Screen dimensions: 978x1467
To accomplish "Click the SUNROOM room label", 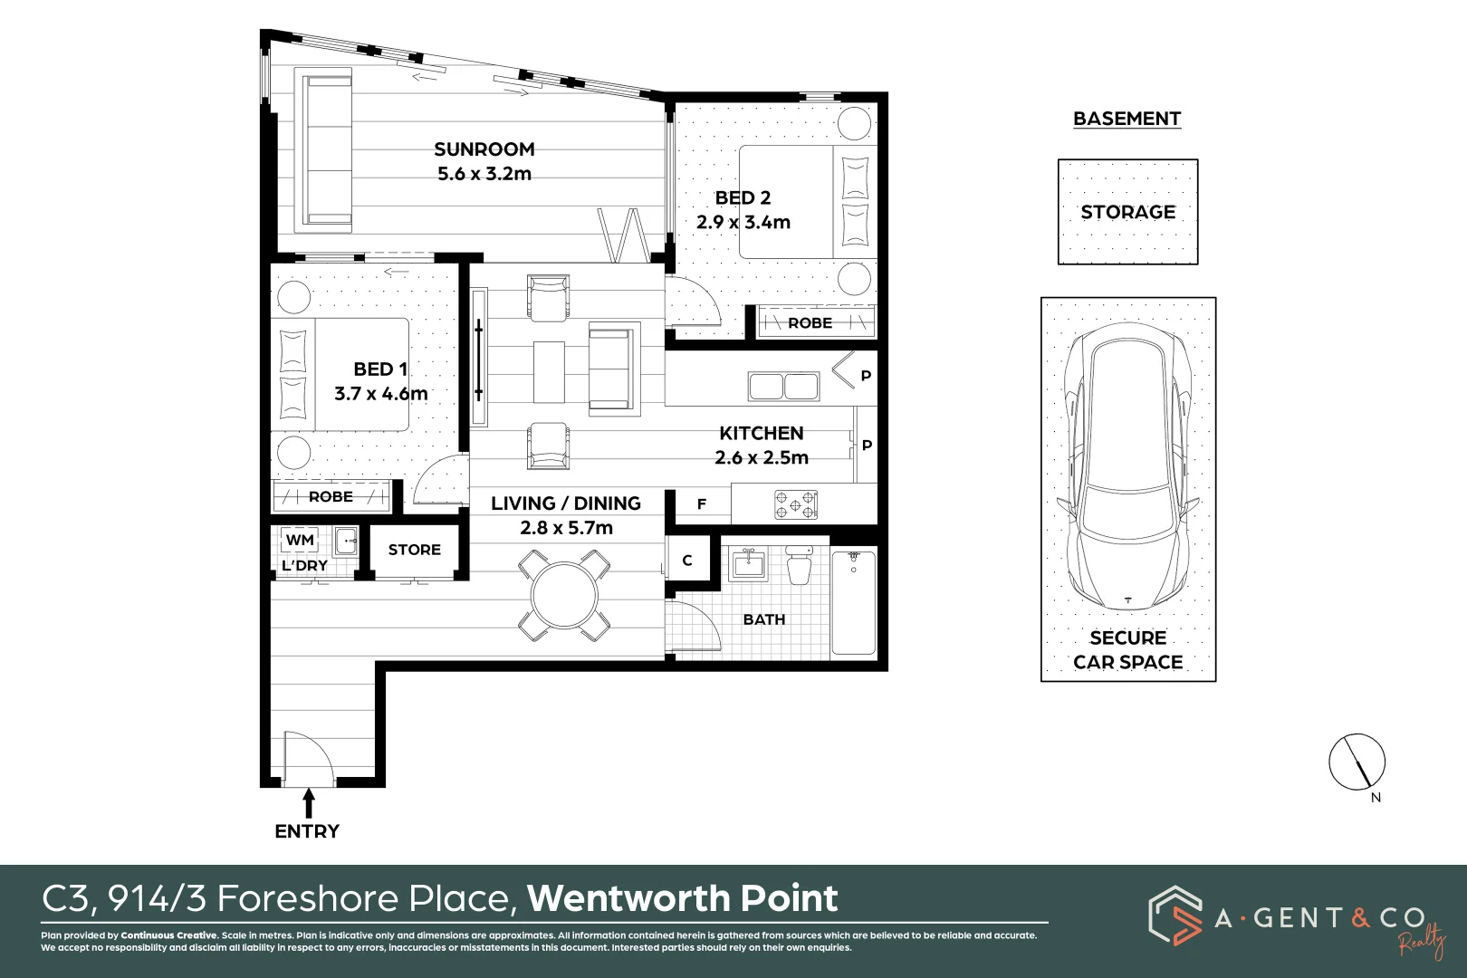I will coord(484,149).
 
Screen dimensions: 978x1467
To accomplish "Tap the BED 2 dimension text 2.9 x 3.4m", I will coord(743,223).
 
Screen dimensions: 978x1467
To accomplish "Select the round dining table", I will coord(564,596).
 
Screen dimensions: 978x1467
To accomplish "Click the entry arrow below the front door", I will coord(308,802).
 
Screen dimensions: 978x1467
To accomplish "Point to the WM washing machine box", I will coord(300,541).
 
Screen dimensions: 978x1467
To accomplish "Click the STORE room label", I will coord(414,550).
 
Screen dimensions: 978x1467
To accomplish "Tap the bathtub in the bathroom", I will coord(853,601).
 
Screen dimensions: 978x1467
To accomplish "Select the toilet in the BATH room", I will coord(799,565).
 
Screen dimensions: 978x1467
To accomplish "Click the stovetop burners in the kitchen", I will coord(796,504).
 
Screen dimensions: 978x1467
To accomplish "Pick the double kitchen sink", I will coord(783,387).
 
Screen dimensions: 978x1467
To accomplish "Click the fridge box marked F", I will coord(702,504).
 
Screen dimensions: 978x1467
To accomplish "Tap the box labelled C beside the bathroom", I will coord(687,561).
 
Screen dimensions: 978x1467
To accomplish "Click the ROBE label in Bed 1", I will coord(331,497).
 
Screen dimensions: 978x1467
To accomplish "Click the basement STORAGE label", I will coord(1127,212).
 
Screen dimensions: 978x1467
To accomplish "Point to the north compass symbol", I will coord(1357,762).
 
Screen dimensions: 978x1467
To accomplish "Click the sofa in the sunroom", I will coord(328,150).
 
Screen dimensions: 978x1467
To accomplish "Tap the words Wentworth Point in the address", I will coord(682,898).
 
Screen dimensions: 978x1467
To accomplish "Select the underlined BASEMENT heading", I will coord(1127,119).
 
